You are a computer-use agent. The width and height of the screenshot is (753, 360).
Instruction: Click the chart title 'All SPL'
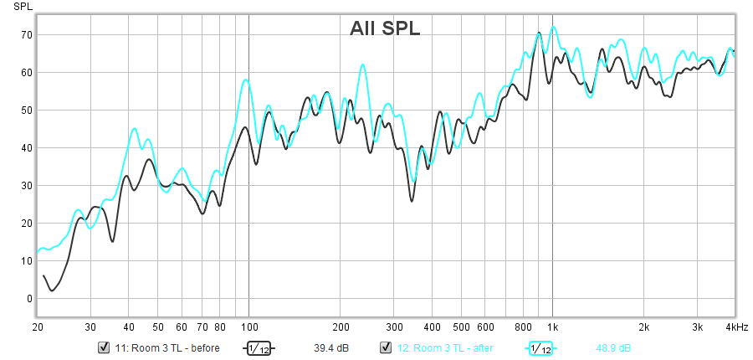[385, 28]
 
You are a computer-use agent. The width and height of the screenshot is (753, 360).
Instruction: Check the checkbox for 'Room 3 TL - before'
[105, 347]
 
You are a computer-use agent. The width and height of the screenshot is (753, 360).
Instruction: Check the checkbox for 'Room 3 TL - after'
[387, 347]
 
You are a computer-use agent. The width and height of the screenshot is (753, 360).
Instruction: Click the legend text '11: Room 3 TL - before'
[167, 347]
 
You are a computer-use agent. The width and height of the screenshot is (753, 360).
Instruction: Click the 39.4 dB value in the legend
[330, 347]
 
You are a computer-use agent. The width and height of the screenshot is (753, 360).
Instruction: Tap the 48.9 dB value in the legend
[613, 347]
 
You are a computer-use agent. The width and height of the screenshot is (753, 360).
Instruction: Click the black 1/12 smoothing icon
[259, 348]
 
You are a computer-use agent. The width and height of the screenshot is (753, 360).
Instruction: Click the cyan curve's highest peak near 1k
[553, 27]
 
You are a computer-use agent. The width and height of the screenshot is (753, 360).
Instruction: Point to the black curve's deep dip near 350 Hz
[412, 201]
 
